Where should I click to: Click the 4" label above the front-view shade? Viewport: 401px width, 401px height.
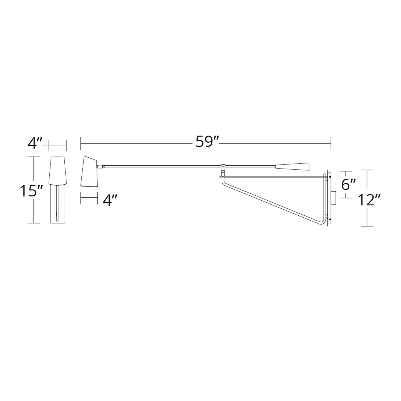pyautogui.click(x=35, y=143)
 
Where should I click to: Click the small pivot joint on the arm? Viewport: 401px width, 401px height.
pyautogui.click(x=223, y=167)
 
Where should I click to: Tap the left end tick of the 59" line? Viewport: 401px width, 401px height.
pyautogui.click(x=80, y=143)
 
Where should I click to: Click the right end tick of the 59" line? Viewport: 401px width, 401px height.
pyautogui.click(x=331, y=143)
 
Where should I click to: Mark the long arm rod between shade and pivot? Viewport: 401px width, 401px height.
pyautogui.click(x=161, y=167)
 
